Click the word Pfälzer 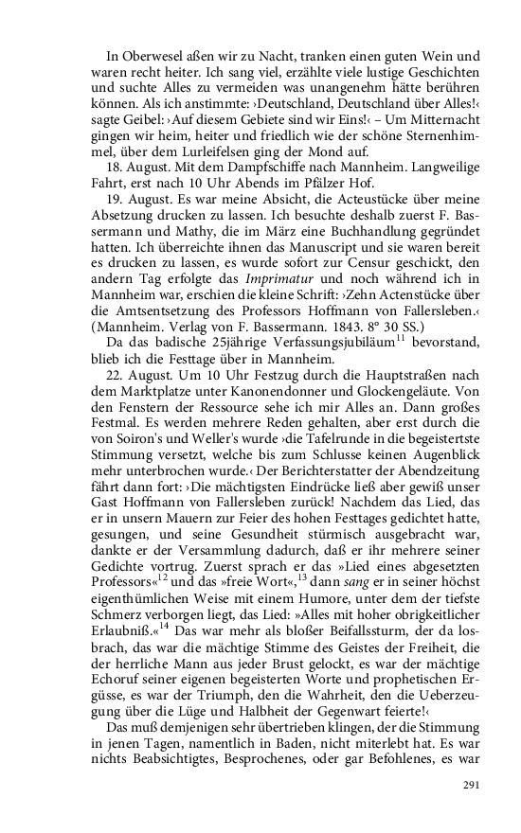click(x=296, y=186)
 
